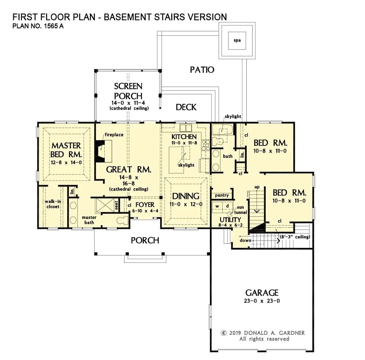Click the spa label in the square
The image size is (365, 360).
[x=237, y=40]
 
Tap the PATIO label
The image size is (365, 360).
[x=202, y=69]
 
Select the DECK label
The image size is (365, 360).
[x=186, y=107]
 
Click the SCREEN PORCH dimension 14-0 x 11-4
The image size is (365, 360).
[x=128, y=103]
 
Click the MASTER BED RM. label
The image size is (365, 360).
[x=66, y=150]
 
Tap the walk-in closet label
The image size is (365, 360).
[x=52, y=204]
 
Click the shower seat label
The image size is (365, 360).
[x=116, y=206]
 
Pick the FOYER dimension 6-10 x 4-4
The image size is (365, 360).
[x=145, y=211]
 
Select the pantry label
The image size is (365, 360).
[x=222, y=196]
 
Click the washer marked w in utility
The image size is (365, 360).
[x=218, y=206]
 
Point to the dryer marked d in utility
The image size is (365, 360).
[x=227, y=206]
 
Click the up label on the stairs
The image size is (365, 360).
[x=257, y=187]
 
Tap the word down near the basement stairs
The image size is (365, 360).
[x=245, y=240]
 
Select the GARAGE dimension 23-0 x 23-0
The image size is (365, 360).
[x=262, y=301]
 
